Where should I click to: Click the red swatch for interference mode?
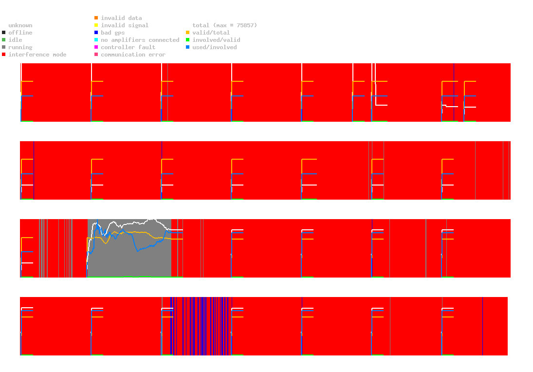click(3, 55)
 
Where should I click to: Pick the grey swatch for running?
click(3, 47)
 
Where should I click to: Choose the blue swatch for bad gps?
click(96, 33)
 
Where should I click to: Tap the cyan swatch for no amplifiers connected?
click(96, 40)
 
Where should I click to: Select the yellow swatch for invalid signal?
click(96, 25)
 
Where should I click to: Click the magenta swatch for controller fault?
click(96, 47)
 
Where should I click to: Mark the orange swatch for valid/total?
click(187, 33)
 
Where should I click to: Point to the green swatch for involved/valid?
click(187, 40)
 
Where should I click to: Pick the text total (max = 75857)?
click(224, 25)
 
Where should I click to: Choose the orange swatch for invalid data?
click(96, 18)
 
